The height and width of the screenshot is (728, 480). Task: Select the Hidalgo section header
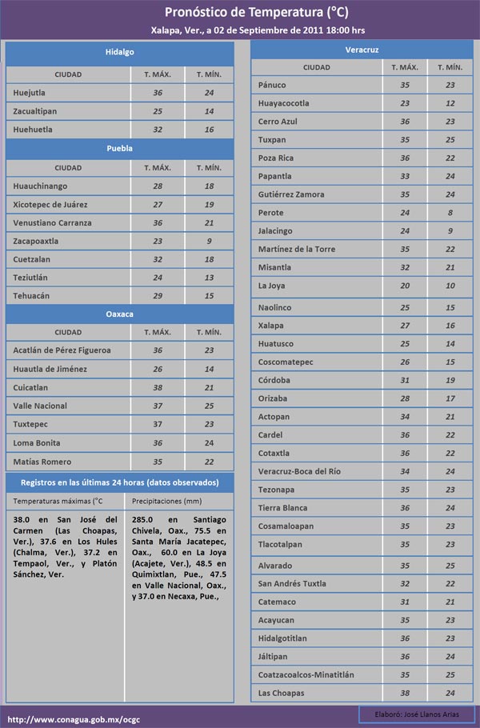pos(120,52)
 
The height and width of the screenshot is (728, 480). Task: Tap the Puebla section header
pos(120,148)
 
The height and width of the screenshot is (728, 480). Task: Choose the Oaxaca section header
pos(120,314)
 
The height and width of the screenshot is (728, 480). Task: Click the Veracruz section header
pos(362,50)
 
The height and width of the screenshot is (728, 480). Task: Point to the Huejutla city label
pos(30,93)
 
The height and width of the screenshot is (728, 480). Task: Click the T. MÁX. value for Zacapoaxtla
pos(158,241)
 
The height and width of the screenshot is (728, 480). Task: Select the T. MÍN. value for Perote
pos(450,213)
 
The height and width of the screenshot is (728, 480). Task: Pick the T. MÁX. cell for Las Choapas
pos(405,693)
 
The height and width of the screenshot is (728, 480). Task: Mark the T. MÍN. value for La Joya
pos(450,286)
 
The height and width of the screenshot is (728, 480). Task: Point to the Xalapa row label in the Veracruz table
pos(271,326)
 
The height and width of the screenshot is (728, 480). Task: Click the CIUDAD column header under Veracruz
pos(317,68)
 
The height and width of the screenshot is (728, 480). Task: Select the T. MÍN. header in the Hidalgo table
pos(209,74)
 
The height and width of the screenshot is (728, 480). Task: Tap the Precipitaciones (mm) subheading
pos(166,501)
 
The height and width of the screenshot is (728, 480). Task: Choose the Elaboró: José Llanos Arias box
pos(416,713)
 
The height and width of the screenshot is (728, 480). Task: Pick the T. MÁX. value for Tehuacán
pos(158,296)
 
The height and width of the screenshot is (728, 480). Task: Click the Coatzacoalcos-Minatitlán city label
pos(306,674)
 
